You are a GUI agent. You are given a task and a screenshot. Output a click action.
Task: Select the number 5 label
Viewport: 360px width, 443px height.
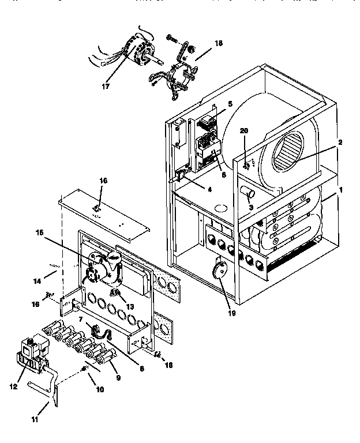[x=230, y=104]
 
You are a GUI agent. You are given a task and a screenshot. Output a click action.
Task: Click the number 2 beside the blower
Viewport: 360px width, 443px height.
[x=341, y=142]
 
